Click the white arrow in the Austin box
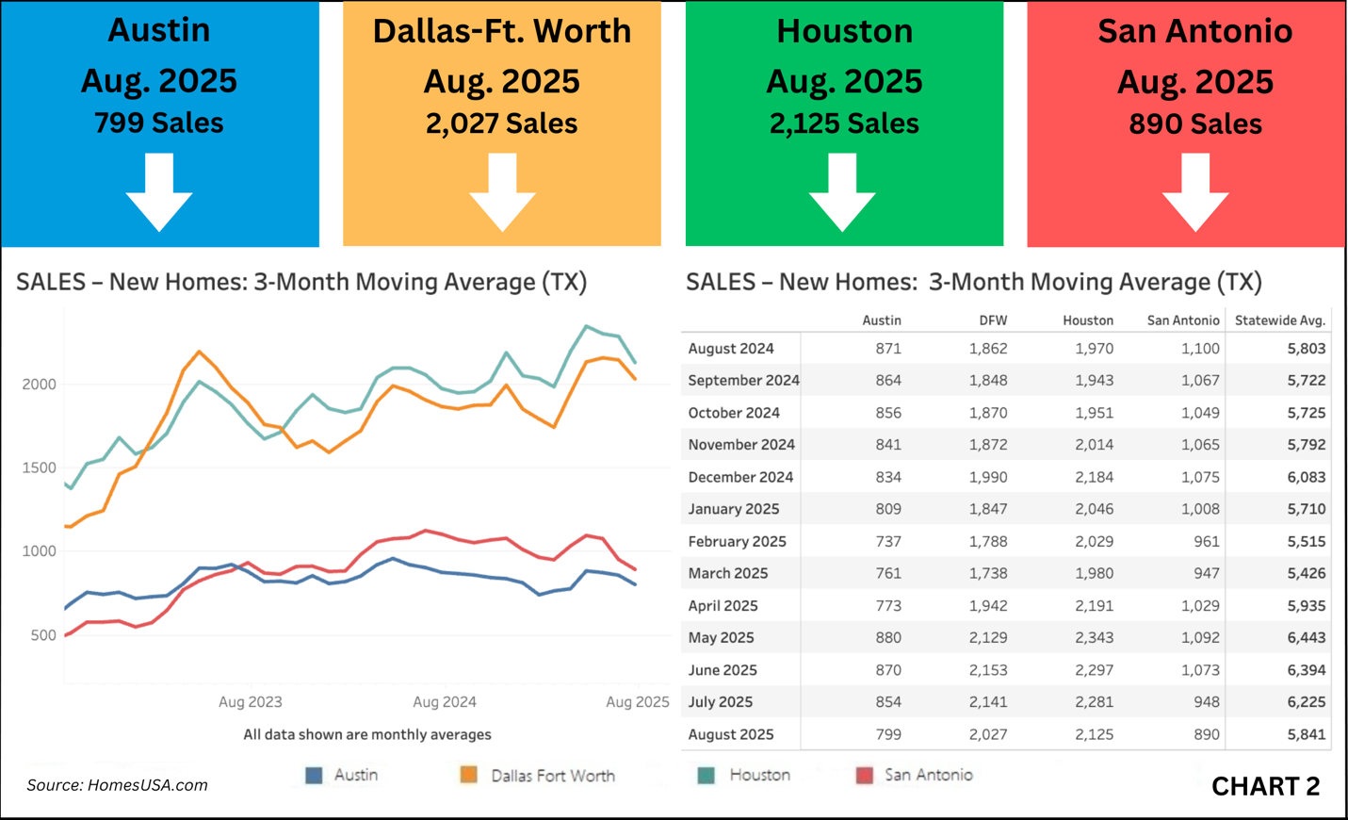(159, 193)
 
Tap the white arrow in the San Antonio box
(1195, 193)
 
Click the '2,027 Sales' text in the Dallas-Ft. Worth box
(501, 123)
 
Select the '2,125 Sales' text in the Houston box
(844, 123)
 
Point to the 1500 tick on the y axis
(40, 467)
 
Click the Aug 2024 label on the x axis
(445, 702)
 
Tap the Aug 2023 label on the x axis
(251, 702)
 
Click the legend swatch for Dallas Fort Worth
(468, 775)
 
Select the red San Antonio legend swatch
(864, 775)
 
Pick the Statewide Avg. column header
(1279, 320)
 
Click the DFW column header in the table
(993, 320)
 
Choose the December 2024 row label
(740, 477)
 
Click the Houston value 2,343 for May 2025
(1094, 638)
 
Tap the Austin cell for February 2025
(887, 542)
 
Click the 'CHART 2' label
(1265, 786)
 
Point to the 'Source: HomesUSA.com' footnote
(117, 785)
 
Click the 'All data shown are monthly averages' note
(367, 734)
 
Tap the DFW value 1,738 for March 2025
(988, 573)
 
